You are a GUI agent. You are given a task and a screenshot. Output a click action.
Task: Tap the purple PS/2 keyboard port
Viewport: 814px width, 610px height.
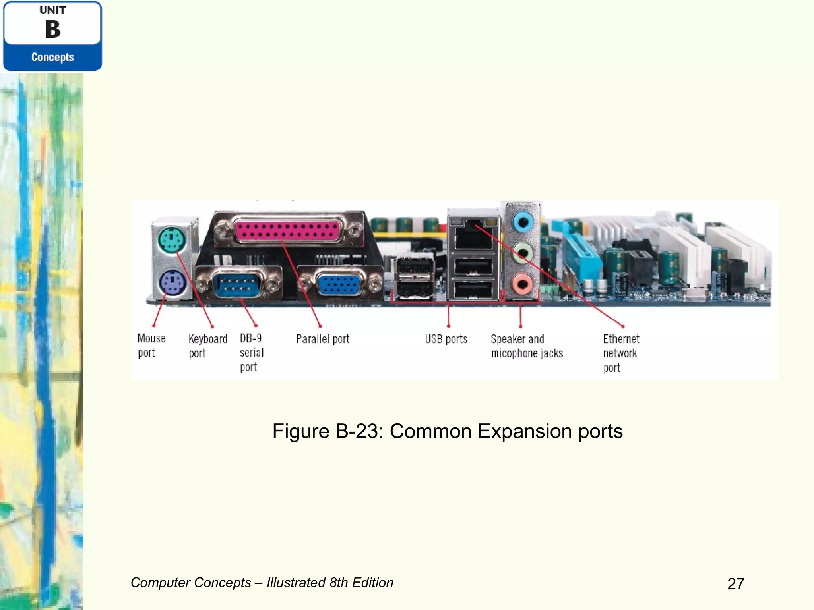172,283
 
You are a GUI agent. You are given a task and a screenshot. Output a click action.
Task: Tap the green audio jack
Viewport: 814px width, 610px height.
523,253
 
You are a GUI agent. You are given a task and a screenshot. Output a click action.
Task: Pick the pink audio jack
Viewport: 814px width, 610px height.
523,284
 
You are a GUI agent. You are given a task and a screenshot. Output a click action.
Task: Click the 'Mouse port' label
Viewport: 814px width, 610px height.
151,346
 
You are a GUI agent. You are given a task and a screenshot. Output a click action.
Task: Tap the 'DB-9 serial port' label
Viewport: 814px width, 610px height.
251,353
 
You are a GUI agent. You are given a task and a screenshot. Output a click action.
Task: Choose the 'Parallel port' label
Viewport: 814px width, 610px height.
323,339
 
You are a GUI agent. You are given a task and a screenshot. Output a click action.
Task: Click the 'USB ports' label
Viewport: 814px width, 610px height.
446,339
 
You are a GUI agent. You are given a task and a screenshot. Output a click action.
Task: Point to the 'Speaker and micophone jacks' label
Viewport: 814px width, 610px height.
527,346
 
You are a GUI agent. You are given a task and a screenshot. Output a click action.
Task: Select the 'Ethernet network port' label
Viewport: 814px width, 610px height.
621,353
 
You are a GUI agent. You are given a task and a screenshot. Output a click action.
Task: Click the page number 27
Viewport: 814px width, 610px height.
736,584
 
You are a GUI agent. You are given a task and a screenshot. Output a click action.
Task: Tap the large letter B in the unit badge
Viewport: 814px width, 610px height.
52,29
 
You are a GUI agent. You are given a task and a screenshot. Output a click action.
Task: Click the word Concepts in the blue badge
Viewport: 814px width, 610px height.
52,57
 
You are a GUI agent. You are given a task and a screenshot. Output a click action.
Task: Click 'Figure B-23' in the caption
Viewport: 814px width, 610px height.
327,431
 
